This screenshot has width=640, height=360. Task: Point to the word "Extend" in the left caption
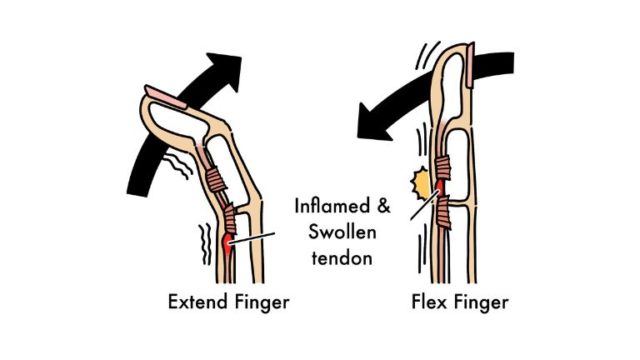(196, 300)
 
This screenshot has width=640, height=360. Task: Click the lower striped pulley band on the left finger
(228, 219)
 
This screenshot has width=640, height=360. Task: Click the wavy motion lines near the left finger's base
(205, 245)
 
